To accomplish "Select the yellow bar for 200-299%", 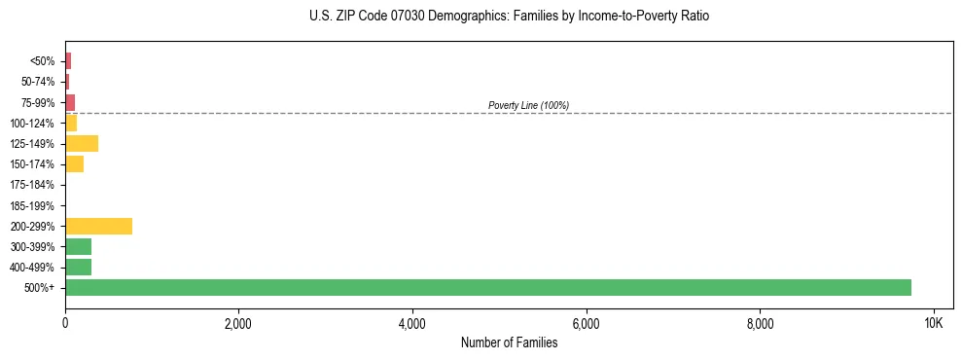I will tap(98, 226).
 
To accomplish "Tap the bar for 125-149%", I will tap(82, 143).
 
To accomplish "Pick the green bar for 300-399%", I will tap(78, 246).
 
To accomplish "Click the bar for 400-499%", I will tap(78, 267).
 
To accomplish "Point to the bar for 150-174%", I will tap(74, 163).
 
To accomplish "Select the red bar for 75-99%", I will tap(70, 102).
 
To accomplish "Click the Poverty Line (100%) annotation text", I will tap(528, 105).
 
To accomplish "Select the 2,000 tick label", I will tap(238, 323).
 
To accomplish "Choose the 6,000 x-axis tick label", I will tap(586, 323).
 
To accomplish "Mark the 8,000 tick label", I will tap(760, 323).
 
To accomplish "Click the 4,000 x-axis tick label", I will tap(412, 323).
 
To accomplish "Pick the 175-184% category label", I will tap(32, 185).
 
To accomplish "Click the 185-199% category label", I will tap(32, 205).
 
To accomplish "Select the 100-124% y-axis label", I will tap(32, 123).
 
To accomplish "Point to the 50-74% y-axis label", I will tap(38, 82).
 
